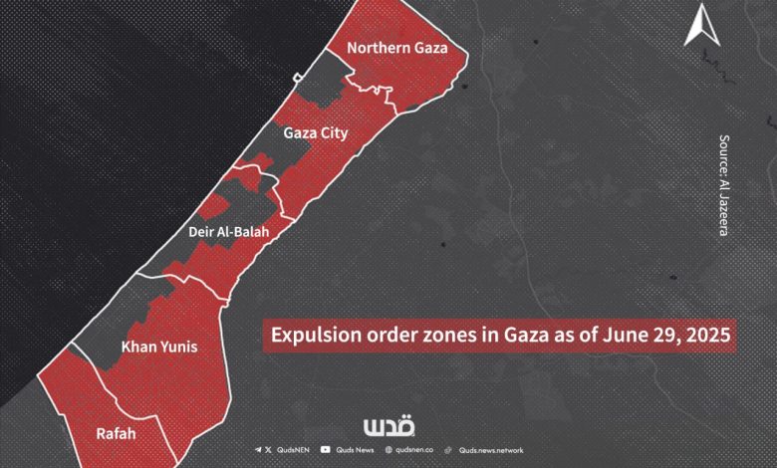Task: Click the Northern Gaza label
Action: click(396, 48)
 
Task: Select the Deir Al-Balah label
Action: click(228, 232)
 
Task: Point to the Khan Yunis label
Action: click(158, 348)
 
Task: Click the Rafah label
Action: click(117, 434)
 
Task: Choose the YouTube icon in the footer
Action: click(326, 451)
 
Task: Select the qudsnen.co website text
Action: click(417, 451)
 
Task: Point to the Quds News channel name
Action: click(356, 451)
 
